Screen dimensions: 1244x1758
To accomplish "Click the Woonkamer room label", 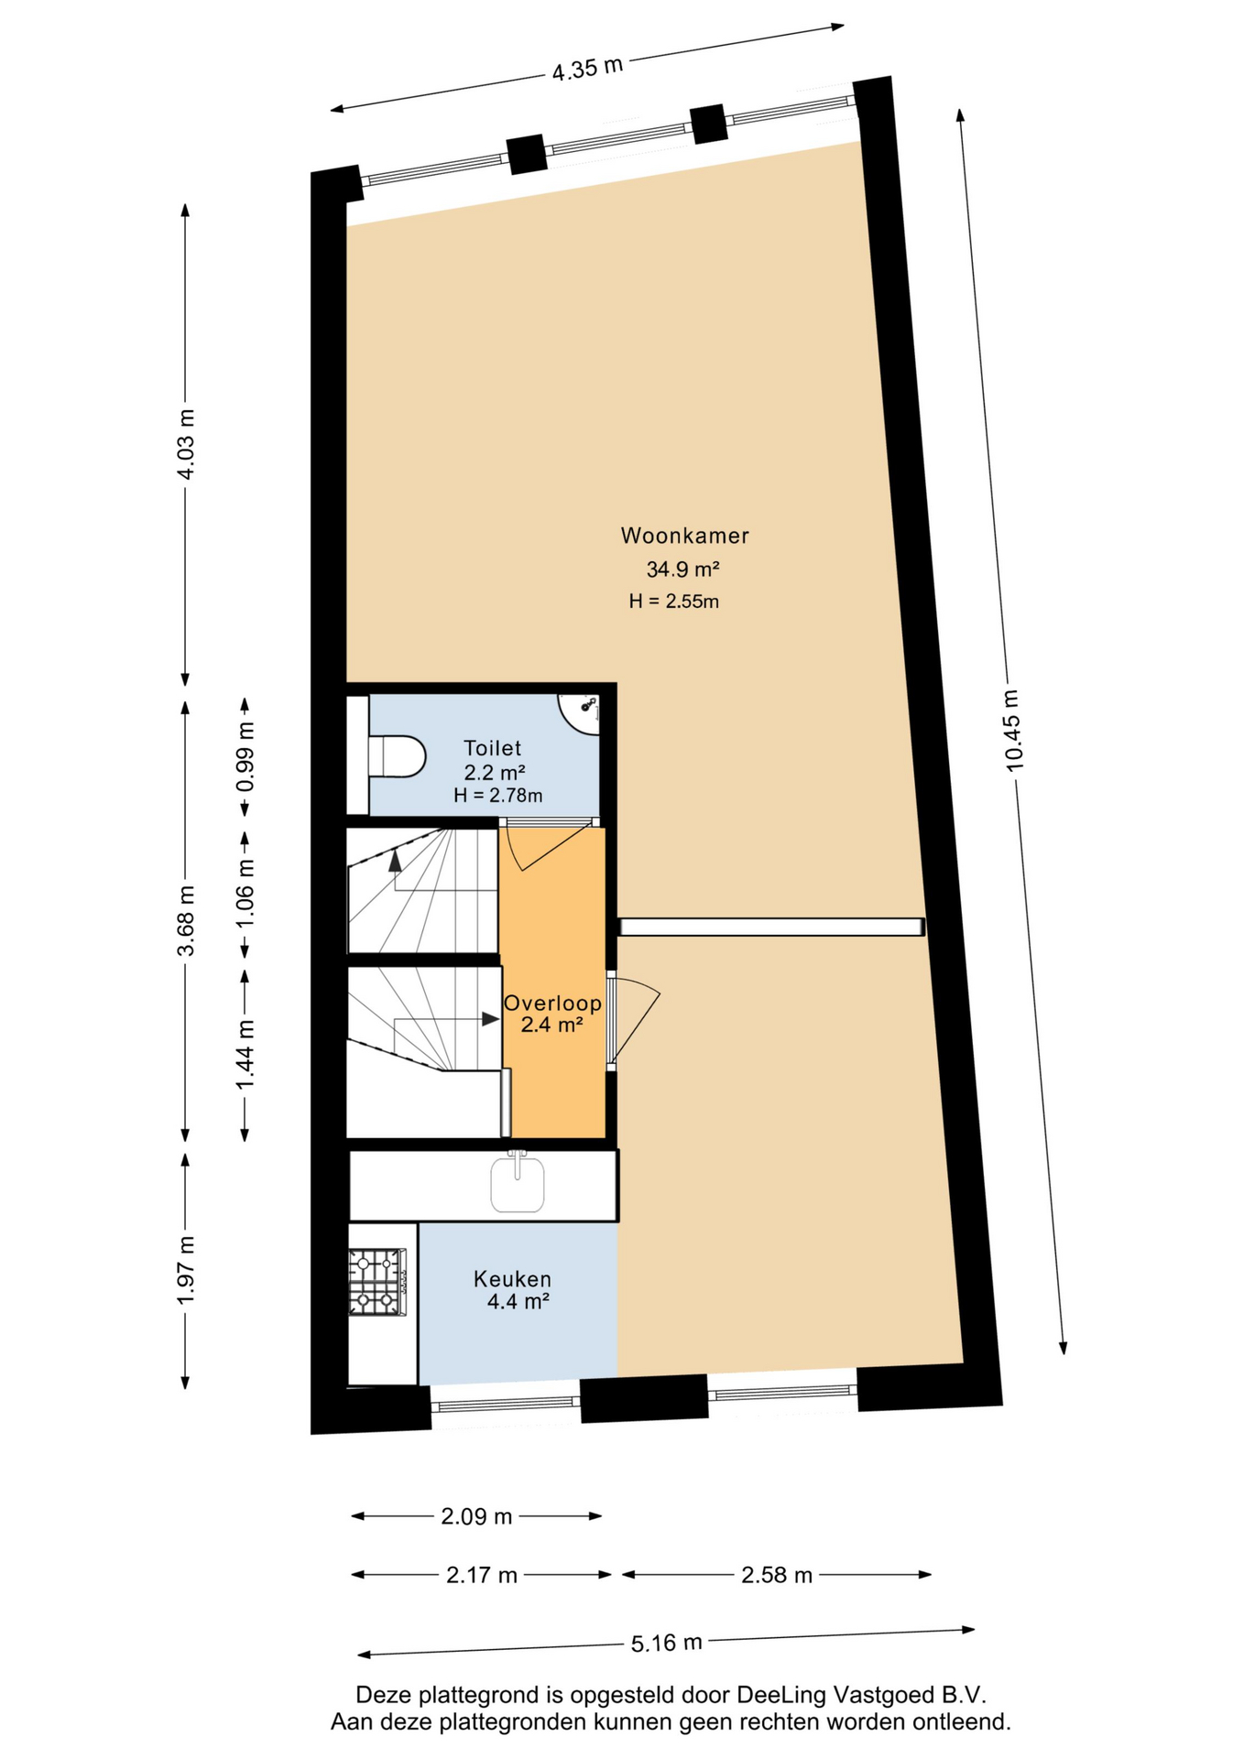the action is [x=684, y=536].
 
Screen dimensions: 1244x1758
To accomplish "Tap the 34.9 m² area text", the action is [x=682, y=570].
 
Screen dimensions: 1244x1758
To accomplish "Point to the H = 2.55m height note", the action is [x=673, y=602].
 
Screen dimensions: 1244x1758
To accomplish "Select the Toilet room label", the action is [x=492, y=748].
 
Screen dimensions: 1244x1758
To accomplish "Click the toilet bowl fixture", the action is [x=397, y=757].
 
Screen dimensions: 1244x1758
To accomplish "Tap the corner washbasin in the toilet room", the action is [x=581, y=713].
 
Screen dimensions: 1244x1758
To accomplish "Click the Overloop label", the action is [x=552, y=1004].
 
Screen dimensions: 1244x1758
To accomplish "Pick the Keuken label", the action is [x=512, y=1279].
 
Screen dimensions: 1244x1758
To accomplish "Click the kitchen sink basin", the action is [x=518, y=1185].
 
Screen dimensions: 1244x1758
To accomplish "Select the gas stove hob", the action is [x=377, y=1282].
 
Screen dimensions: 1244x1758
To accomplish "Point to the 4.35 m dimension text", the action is [x=587, y=69].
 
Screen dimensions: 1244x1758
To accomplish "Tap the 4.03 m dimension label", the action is [x=186, y=444].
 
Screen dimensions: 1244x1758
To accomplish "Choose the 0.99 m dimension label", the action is [x=246, y=758].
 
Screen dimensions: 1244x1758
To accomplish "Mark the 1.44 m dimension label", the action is [x=246, y=1055].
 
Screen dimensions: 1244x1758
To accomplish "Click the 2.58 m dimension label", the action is [x=777, y=1575].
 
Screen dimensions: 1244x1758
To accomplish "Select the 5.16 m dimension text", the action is [x=666, y=1643].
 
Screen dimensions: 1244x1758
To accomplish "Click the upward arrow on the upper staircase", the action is [x=395, y=860].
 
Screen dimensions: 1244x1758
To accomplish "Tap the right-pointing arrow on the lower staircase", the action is [x=491, y=1019].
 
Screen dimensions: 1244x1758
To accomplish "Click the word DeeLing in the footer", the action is [x=786, y=1695].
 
